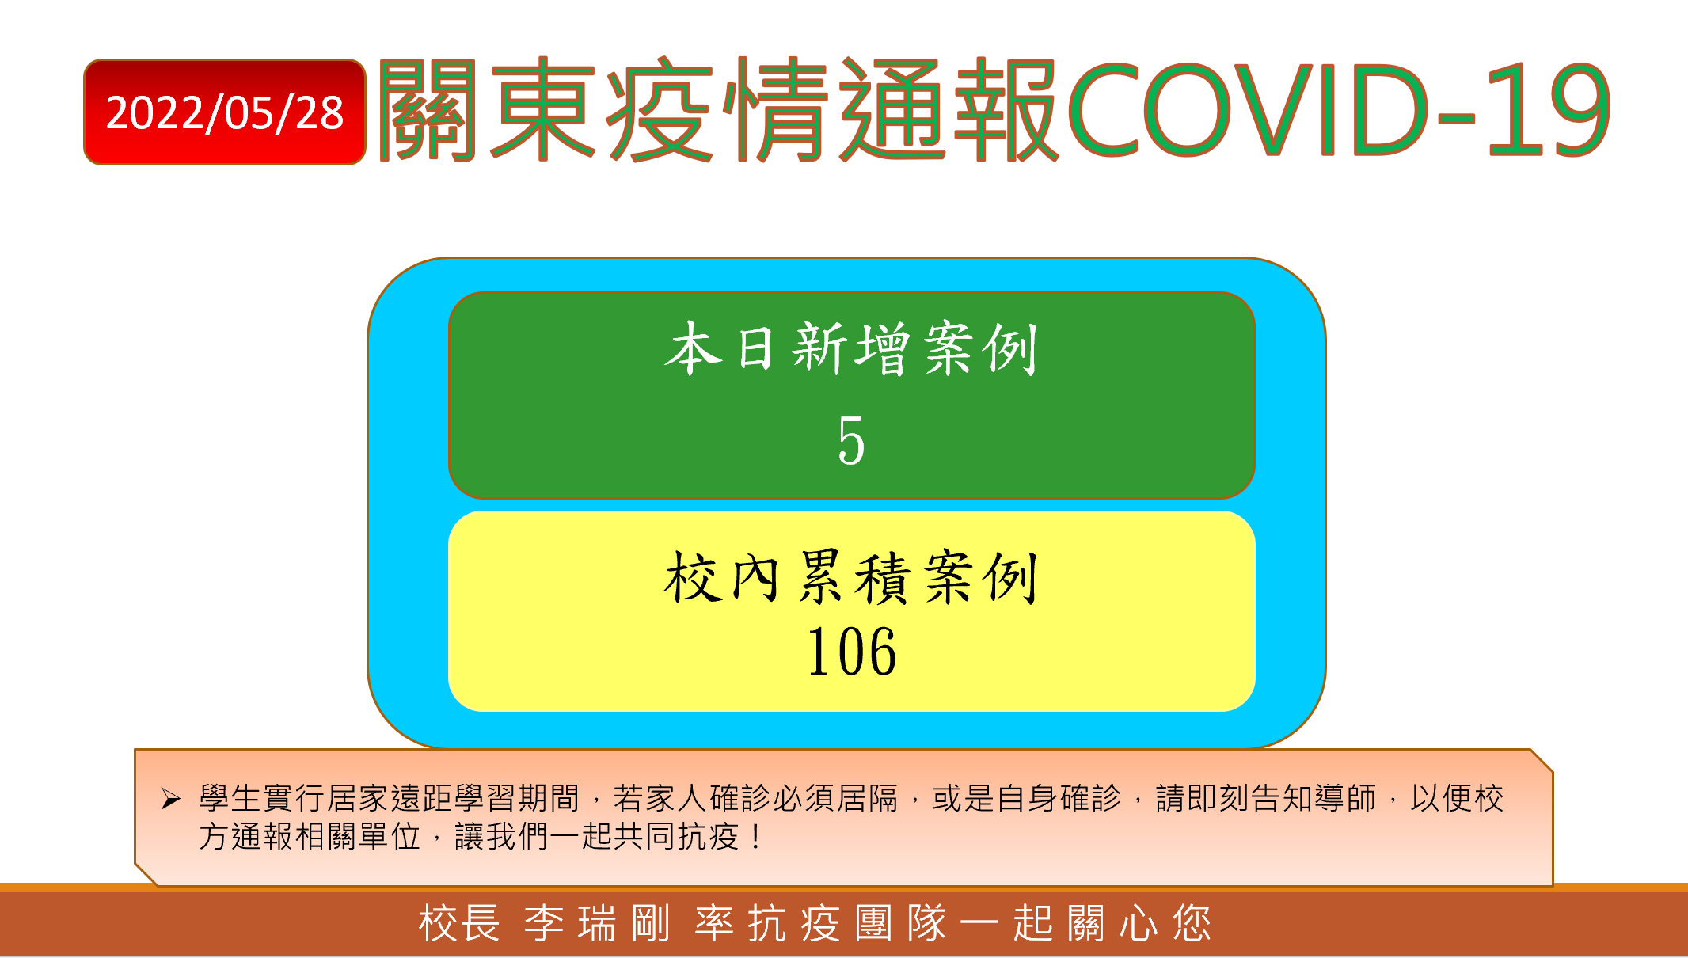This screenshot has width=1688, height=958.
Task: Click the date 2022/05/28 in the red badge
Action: point(225,112)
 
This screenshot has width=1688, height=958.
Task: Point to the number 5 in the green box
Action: point(851,440)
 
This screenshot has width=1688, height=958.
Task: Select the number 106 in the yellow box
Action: point(851,652)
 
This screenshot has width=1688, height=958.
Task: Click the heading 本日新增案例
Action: point(851,348)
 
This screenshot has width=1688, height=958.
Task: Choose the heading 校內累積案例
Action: point(851,578)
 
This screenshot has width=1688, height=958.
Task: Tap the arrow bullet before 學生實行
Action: point(171,799)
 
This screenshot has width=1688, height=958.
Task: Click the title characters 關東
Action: point(487,109)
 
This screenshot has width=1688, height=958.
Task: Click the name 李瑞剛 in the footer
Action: point(597,923)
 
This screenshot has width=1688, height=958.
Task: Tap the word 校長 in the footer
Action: point(459,923)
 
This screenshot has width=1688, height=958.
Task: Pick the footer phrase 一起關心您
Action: point(1085,923)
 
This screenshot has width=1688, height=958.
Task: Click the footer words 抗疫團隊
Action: point(847,923)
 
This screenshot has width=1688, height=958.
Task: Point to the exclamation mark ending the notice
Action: point(758,836)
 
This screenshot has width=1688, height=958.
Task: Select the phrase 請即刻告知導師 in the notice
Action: point(1266,798)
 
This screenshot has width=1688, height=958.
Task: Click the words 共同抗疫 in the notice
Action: point(676,836)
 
